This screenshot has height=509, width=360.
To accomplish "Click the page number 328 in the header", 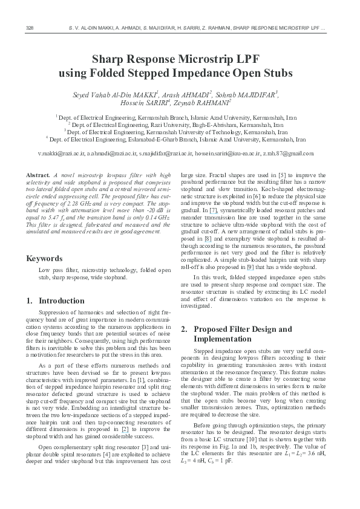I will coord(28,28).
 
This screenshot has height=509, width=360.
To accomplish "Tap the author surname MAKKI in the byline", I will coord(143,94).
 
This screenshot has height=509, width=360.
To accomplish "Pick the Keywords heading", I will coord(46,259).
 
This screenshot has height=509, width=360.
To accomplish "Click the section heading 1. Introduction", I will coord(56,300).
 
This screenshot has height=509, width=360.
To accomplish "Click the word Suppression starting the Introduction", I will coord(54,313).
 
